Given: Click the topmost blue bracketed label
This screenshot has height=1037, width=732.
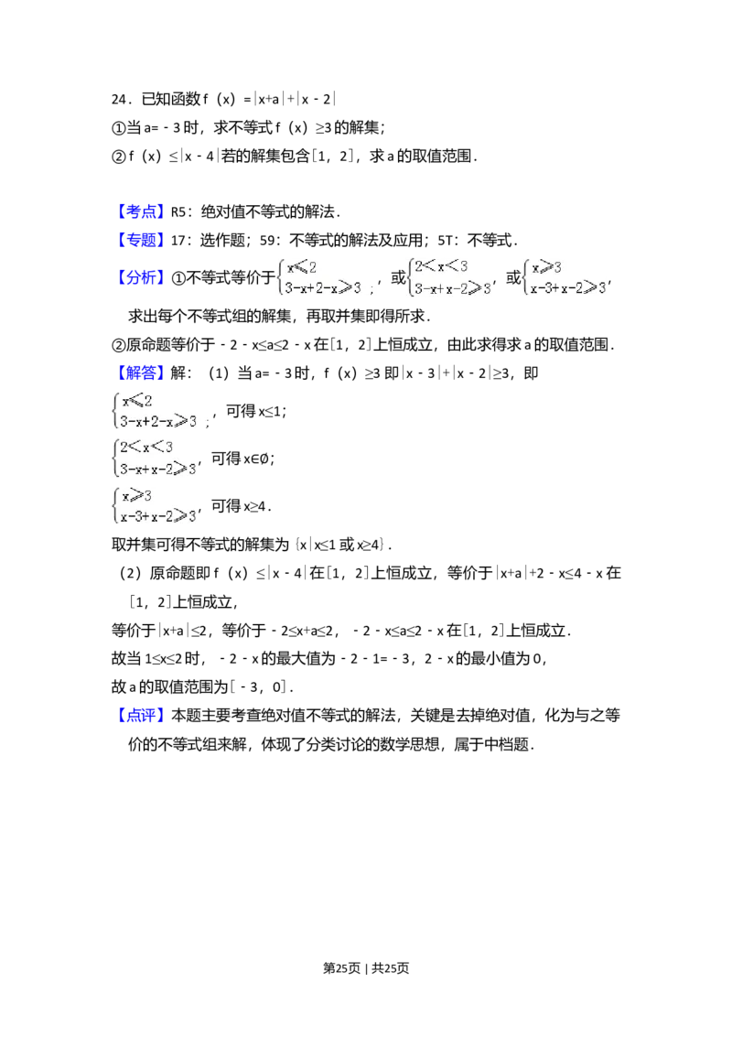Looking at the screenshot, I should click(x=141, y=211).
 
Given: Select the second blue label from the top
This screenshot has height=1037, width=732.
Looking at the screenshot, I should click(x=141, y=239).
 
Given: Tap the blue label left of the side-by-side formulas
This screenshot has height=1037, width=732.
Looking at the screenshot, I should click(x=141, y=275).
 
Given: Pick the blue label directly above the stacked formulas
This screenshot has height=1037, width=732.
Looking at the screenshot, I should click(x=141, y=371).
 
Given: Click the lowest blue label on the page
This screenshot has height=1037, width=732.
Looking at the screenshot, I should click(x=141, y=714).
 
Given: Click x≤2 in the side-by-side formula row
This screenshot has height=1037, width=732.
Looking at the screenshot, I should click(x=302, y=267).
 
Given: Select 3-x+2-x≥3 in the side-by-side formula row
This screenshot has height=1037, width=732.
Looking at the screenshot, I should click(x=323, y=288).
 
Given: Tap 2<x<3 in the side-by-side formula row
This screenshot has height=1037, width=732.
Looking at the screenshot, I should click(x=441, y=266).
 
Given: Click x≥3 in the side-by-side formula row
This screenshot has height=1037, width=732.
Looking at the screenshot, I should click(x=546, y=267).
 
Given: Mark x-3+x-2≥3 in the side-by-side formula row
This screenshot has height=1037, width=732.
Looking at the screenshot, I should click(x=568, y=289).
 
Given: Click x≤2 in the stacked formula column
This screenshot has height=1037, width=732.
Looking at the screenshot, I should click(x=137, y=399).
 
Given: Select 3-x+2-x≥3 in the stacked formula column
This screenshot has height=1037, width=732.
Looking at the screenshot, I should click(x=158, y=421).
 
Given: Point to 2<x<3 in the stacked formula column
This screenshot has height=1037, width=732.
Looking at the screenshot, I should click(x=145, y=448).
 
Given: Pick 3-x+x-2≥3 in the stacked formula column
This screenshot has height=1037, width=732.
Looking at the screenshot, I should click(x=158, y=470).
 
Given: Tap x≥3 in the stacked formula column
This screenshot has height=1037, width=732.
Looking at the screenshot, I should click(x=136, y=496).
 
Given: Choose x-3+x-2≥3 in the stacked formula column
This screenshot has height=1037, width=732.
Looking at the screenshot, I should click(x=158, y=517).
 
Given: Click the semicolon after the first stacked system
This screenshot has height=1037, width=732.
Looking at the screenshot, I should click(x=208, y=423).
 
